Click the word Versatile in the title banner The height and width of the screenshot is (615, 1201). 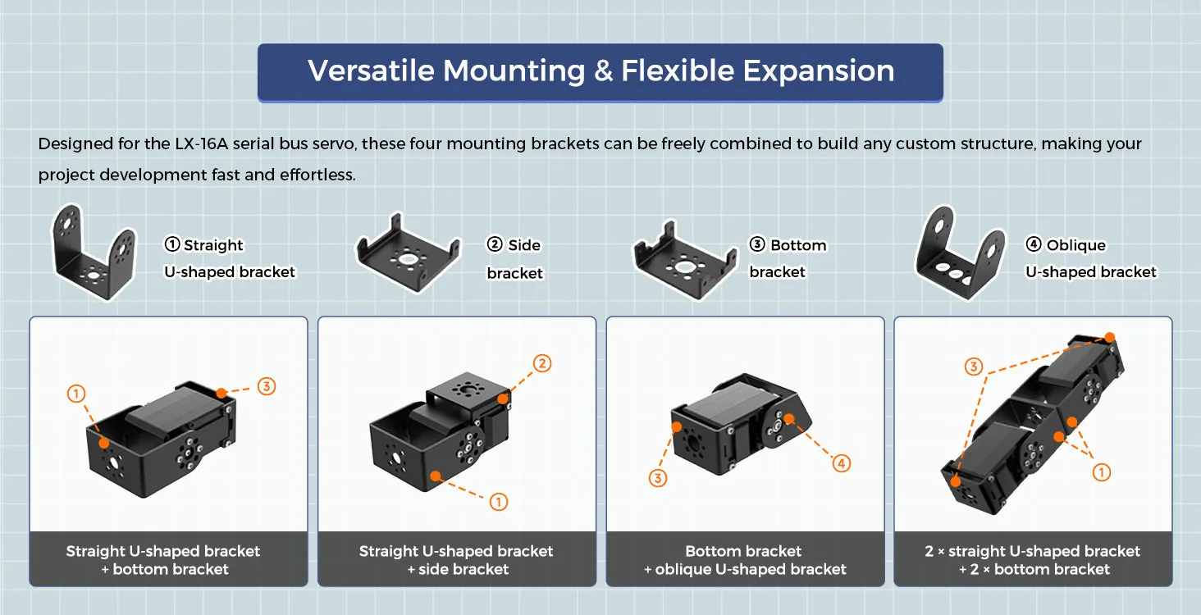pyautogui.click(x=371, y=71)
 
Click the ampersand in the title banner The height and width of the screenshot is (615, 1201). pyautogui.click(x=603, y=71)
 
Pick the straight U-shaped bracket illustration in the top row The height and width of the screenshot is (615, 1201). pyautogui.click(x=94, y=251)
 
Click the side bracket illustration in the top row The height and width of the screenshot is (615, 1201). pyautogui.click(x=408, y=253)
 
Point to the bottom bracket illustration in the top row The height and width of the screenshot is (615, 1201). pyautogui.click(x=685, y=259)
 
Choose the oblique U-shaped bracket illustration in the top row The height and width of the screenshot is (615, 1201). pyautogui.click(x=960, y=252)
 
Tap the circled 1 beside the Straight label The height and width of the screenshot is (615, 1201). pyautogui.click(x=171, y=244)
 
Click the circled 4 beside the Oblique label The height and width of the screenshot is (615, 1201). pyautogui.click(x=1033, y=244)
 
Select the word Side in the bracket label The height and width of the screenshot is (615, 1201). pyautogui.click(x=524, y=245)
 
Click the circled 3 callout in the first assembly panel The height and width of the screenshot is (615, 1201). pyautogui.click(x=267, y=386)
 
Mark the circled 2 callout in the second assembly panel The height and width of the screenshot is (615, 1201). pyautogui.click(x=542, y=363)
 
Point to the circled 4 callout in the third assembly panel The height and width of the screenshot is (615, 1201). pyautogui.click(x=841, y=463)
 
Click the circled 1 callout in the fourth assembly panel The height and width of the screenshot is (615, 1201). pyautogui.click(x=1101, y=472)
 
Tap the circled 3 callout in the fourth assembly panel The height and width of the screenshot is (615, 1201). pyautogui.click(x=974, y=367)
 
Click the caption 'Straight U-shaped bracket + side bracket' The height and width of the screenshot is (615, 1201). pyautogui.click(x=456, y=560)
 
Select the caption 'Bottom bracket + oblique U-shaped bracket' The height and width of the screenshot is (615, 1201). pyautogui.click(x=745, y=560)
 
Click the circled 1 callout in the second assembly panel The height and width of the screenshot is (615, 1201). pyautogui.click(x=499, y=502)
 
